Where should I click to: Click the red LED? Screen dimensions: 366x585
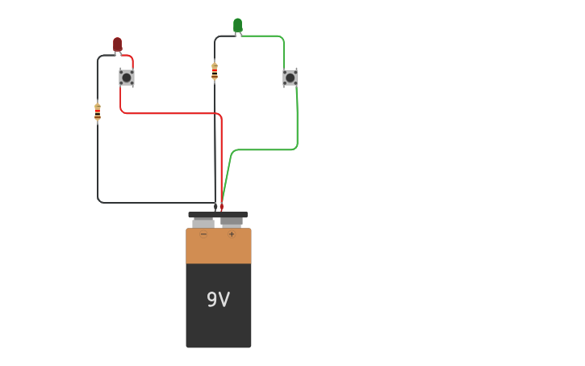[117, 44]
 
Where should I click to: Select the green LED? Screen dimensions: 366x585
[237, 25]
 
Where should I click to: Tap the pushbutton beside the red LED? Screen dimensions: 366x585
[127, 78]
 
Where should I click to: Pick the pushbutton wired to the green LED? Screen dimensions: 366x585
[290, 78]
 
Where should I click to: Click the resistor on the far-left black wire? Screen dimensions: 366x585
[98, 112]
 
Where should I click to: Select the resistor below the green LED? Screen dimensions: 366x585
[215, 71]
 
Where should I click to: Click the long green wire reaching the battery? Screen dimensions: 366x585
[266, 149]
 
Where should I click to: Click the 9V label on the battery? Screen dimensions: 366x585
[218, 300]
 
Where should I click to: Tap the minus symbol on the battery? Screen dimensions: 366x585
[203, 235]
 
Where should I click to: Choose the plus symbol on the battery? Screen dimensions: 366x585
[232, 235]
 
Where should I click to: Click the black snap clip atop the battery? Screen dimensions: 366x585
[218, 214]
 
